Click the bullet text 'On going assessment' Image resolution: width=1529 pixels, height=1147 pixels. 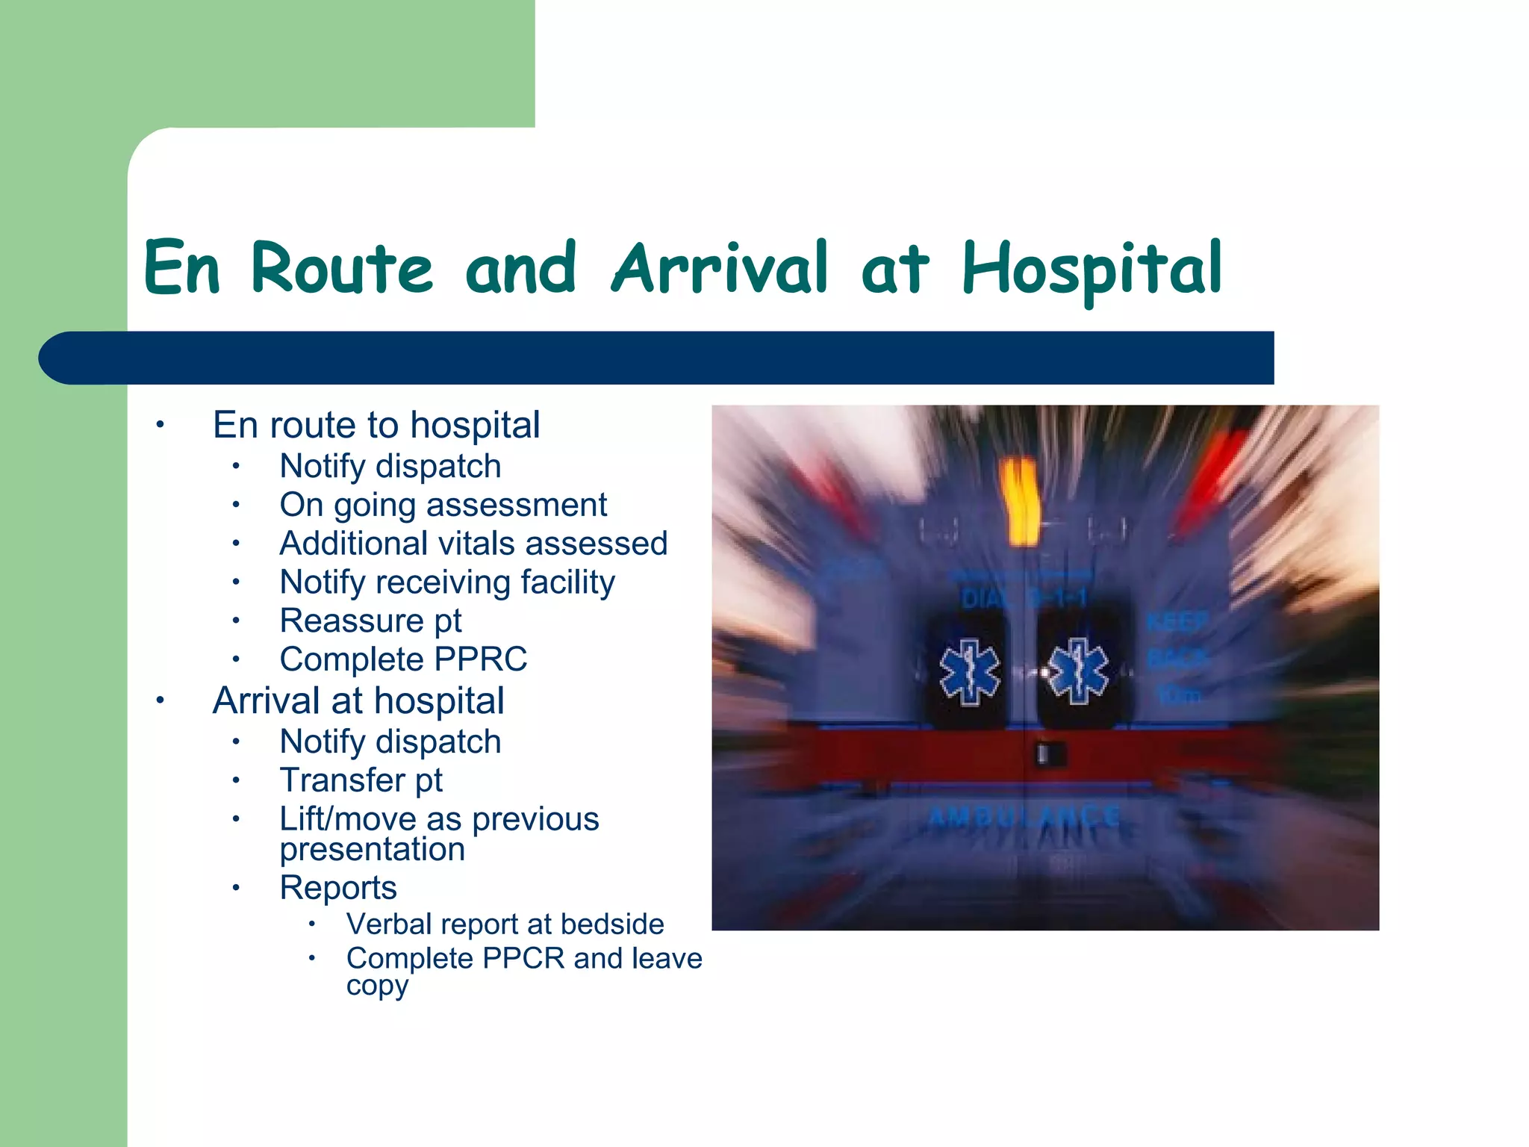click(443, 506)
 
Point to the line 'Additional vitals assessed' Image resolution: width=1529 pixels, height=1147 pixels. click(473, 544)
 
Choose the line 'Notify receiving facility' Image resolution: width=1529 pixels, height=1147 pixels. click(447, 582)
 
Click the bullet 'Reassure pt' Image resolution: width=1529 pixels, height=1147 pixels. click(370, 621)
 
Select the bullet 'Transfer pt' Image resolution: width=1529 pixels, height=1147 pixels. click(361, 780)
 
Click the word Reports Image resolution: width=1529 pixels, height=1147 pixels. click(338, 888)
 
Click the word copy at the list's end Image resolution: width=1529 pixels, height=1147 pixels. click(377, 986)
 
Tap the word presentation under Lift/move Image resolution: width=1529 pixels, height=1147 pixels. click(372, 850)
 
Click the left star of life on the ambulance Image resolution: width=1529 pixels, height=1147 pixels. click(969, 672)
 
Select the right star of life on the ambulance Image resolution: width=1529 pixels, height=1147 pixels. click(1077, 671)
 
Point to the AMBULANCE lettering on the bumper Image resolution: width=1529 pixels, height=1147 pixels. click(1024, 816)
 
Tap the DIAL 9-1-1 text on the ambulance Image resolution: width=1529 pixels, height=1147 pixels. click(1023, 598)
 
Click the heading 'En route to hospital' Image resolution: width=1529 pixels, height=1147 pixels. click(376, 426)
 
